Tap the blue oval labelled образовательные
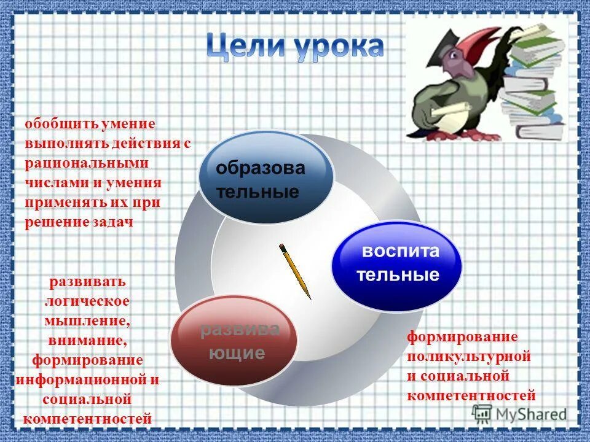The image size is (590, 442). click(265, 176)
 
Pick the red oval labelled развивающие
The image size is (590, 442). click(234, 341)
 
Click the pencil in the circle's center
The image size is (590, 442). click(296, 271)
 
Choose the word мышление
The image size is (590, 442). click(86, 321)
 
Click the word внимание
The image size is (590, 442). click(86, 341)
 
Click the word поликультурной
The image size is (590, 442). click(468, 356)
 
